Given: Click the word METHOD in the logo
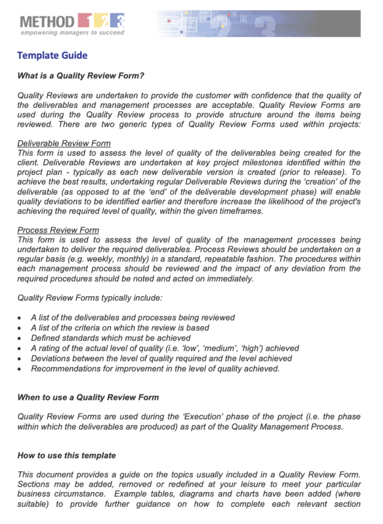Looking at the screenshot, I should (48, 21).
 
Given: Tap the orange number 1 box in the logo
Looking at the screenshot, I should (85, 21).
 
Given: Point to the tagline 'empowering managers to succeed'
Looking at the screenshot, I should (72, 32).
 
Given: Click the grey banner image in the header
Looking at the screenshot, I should (257, 23).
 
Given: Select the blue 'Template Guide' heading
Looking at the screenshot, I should (52, 55).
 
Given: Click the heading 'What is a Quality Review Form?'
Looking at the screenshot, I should (81, 76).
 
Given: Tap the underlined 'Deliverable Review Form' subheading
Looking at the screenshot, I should (64, 143).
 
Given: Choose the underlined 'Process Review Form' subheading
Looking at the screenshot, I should (58, 230).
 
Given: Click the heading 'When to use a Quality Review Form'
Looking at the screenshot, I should (88, 398).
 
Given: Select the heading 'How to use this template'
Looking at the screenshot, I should (66, 456).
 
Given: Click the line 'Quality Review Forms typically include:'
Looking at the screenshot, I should (90, 298).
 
